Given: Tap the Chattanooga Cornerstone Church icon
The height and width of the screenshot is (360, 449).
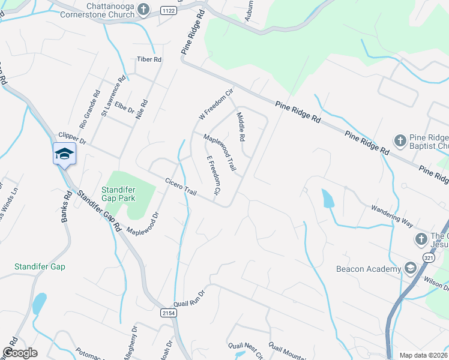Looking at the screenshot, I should [x=143, y=9].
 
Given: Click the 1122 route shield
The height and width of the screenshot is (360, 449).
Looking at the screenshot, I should [x=169, y=10].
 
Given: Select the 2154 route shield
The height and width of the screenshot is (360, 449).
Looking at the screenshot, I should [x=169, y=313].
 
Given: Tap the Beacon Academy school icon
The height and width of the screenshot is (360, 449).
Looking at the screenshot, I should [x=411, y=268].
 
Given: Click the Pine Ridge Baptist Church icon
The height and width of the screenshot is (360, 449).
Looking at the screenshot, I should [x=400, y=140].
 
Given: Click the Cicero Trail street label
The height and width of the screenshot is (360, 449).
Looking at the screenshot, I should [x=181, y=187].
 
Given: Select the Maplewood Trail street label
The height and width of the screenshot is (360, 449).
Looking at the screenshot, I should [x=217, y=151].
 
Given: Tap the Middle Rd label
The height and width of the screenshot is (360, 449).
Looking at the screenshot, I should [x=241, y=127].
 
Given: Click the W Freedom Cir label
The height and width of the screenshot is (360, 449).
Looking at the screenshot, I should [x=215, y=104].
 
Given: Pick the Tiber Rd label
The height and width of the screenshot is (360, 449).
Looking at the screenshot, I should [x=149, y=59].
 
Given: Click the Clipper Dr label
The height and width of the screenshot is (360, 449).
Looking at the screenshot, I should [x=73, y=139].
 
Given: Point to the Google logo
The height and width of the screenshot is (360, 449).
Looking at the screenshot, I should [x=19, y=353].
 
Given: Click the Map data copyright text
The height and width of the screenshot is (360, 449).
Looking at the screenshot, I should [x=423, y=355].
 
